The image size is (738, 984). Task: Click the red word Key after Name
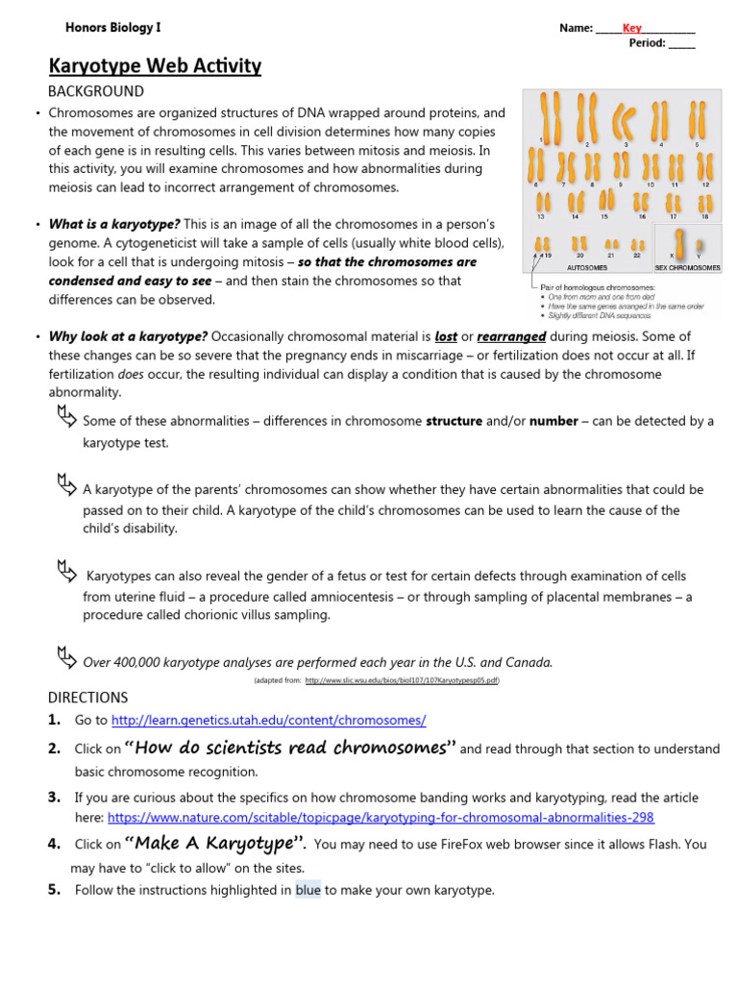point(631,28)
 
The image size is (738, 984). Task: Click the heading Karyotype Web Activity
point(155,65)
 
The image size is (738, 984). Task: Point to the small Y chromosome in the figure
point(699,246)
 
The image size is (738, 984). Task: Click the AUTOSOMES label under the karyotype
point(586,268)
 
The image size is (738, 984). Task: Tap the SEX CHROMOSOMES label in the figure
point(687,268)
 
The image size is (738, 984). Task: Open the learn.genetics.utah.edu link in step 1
point(268,720)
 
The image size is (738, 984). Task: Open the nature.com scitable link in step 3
point(381,817)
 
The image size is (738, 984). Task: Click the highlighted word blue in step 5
point(308,890)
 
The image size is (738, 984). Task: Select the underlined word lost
point(446,336)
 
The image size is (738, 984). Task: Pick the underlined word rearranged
point(510,336)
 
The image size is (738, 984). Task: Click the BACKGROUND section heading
point(96,91)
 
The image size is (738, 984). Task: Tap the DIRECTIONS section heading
point(87,697)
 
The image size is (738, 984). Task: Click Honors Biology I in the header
point(112,28)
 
